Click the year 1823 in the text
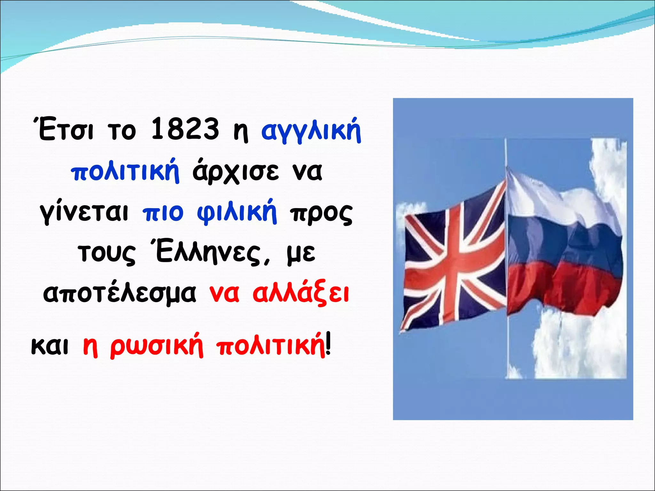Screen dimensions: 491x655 [x=185, y=129]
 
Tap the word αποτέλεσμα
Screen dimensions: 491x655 [x=120, y=293]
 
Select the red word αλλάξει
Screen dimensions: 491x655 [x=301, y=293]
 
